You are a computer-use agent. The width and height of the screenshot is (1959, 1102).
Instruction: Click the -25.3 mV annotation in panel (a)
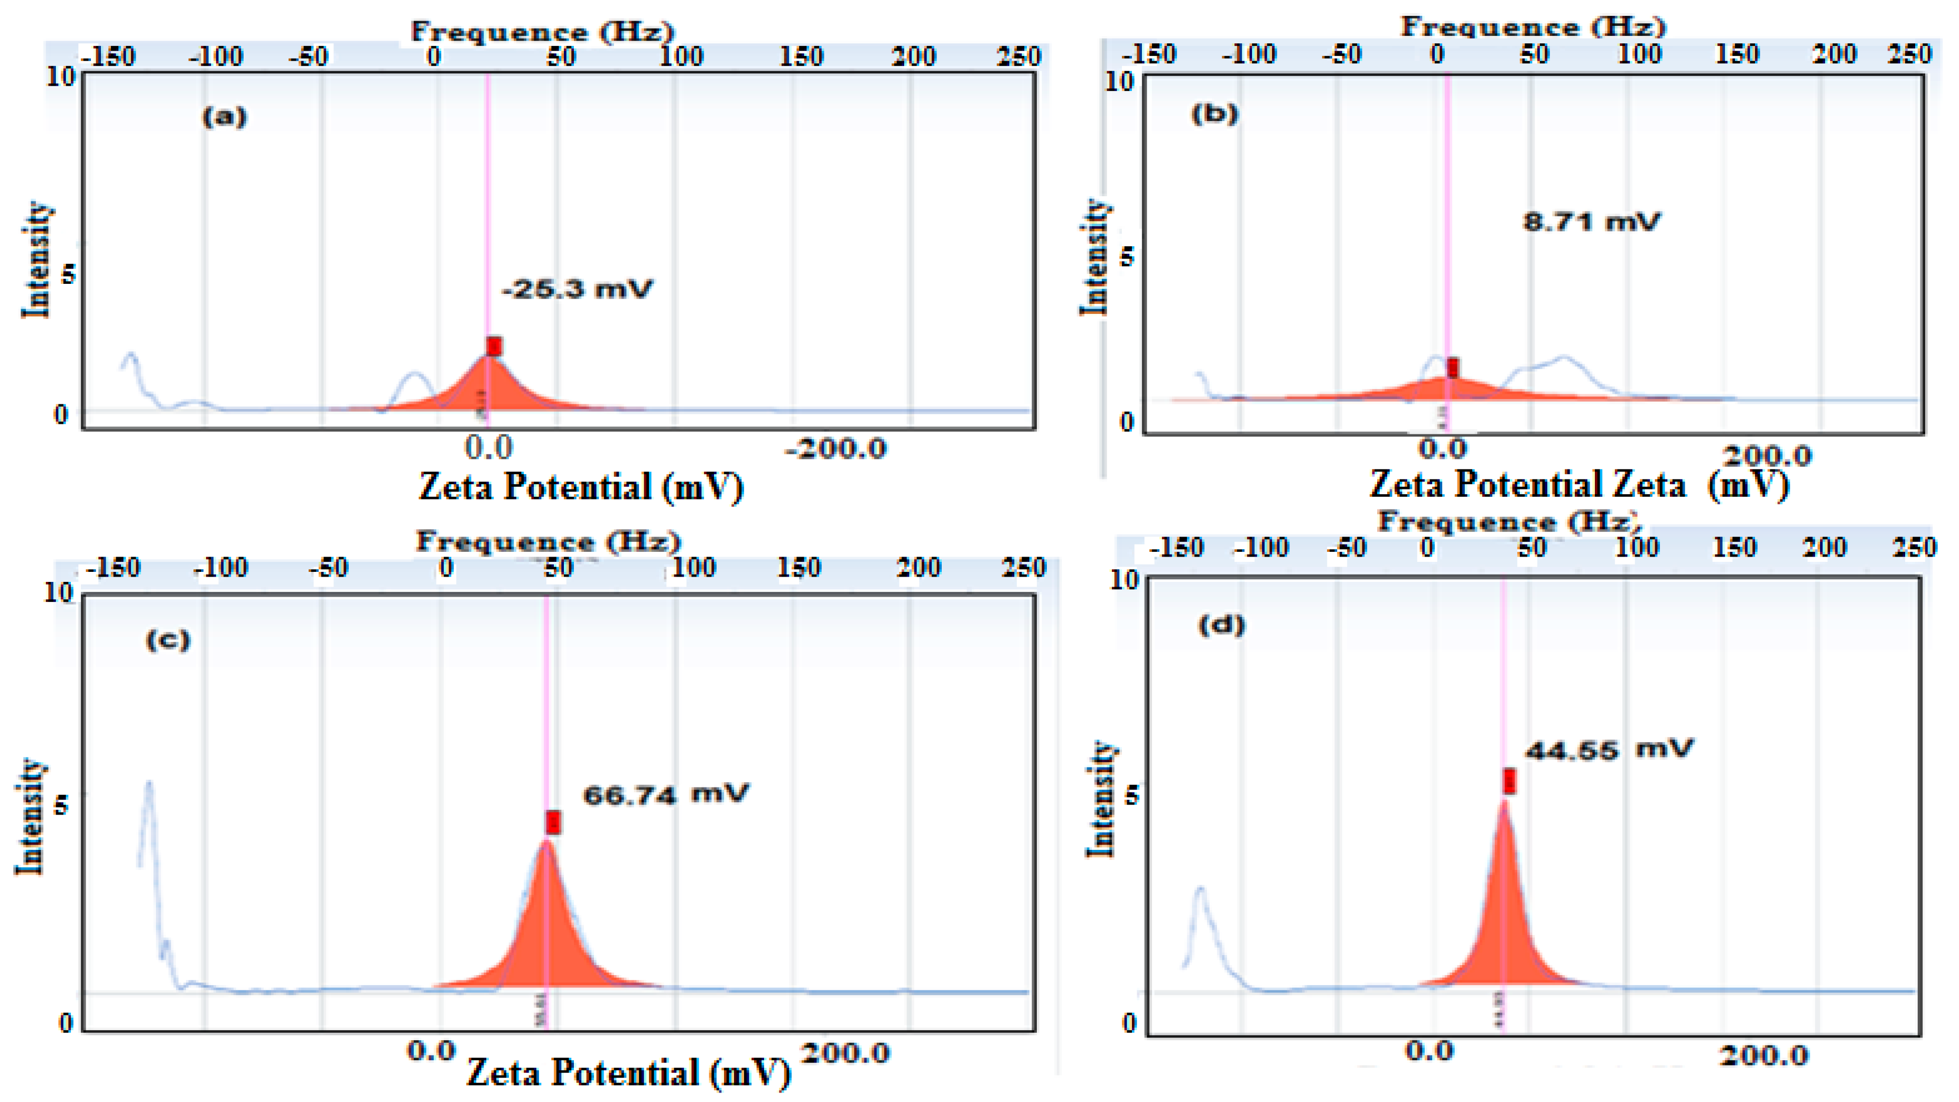click(577, 289)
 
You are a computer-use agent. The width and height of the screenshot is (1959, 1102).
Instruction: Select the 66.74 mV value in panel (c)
click(665, 795)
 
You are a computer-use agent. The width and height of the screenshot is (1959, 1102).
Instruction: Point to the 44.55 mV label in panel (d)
click(1609, 750)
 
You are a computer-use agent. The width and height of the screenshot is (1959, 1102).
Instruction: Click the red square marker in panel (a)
click(494, 347)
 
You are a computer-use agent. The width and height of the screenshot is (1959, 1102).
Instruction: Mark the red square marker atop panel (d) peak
click(1509, 781)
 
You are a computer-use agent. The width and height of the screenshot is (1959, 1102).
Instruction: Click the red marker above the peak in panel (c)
click(553, 822)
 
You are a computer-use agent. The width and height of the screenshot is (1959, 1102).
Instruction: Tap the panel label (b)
click(1214, 114)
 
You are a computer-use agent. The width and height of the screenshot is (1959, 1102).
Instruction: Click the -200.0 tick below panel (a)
click(836, 449)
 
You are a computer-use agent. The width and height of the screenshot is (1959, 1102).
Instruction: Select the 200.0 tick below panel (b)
click(1767, 456)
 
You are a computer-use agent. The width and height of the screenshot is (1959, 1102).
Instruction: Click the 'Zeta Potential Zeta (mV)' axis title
click(1579, 485)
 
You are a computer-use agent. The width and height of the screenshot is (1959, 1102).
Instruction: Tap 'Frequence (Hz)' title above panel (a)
click(542, 31)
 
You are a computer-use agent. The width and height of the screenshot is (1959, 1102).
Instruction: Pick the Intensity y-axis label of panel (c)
click(31, 816)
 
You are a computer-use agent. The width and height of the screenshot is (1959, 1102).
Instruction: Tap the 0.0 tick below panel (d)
click(1429, 1052)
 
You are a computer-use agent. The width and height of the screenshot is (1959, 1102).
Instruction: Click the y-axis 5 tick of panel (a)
click(69, 274)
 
